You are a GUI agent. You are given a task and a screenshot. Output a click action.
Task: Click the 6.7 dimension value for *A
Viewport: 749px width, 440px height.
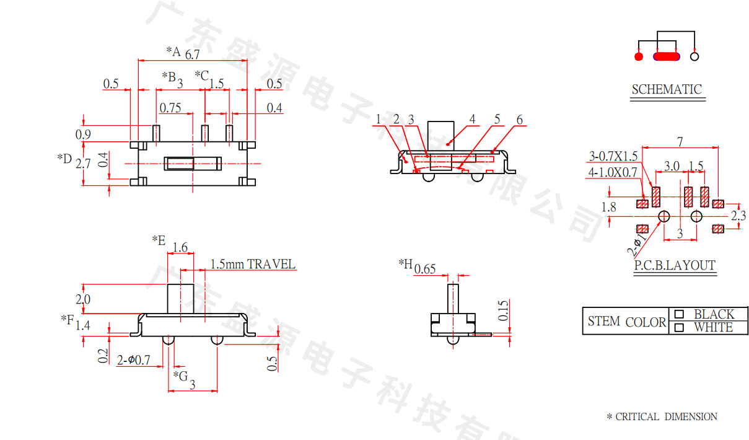(192, 55)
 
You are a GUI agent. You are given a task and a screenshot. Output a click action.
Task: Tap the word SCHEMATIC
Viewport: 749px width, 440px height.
(667, 90)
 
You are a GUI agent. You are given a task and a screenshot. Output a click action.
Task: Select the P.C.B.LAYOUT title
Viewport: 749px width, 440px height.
(675, 266)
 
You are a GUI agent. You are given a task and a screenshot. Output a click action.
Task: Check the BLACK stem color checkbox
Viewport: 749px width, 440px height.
(680, 314)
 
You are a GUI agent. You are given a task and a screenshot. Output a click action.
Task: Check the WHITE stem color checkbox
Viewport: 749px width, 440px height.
(680, 327)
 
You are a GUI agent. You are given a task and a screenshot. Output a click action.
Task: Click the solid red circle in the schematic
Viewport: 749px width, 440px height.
(639, 56)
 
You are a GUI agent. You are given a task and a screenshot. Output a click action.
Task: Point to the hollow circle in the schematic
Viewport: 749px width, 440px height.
(694, 56)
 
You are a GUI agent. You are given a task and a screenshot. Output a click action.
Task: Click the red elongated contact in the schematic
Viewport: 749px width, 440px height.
(667, 56)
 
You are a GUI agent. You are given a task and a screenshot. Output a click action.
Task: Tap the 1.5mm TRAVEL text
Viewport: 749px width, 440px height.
(253, 264)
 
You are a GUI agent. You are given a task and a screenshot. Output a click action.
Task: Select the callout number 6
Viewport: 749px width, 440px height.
(519, 120)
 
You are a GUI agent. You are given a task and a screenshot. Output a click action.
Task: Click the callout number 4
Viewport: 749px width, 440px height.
(473, 119)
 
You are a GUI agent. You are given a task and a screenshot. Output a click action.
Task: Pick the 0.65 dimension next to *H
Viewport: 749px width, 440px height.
(425, 269)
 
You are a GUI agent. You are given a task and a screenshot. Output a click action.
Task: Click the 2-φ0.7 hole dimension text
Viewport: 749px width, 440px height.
(134, 359)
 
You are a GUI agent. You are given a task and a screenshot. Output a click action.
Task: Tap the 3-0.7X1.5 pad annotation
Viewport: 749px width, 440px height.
(613, 156)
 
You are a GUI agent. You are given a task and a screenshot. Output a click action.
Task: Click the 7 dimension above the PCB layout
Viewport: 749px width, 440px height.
(680, 142)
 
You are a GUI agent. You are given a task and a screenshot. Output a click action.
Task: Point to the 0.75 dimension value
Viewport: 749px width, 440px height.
(170, 108)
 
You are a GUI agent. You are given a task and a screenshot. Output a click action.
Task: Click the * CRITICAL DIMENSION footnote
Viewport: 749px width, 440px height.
(662, 417)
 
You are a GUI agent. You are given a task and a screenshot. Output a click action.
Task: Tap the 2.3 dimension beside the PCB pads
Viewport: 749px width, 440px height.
(738, 216)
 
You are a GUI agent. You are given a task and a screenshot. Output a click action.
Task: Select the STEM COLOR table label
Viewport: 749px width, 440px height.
(626, 322)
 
